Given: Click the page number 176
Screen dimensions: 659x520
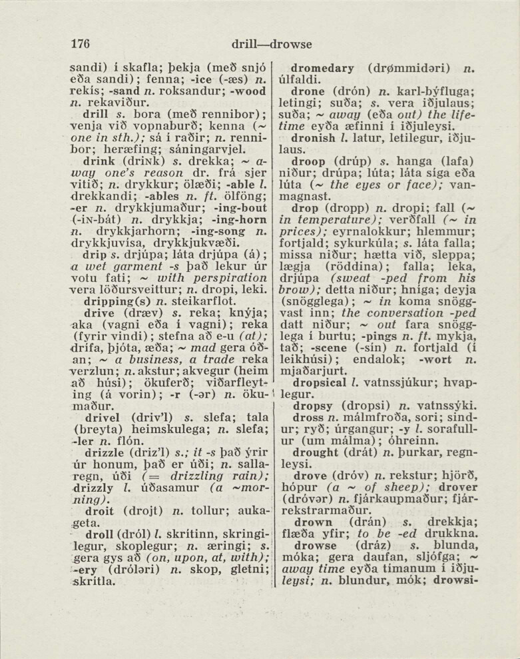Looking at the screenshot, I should click(80, 44).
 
